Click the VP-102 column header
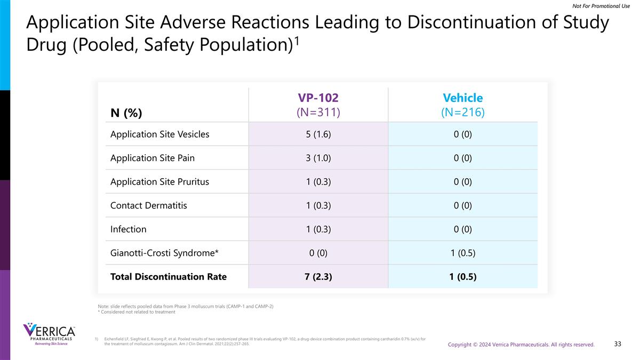(318, 105)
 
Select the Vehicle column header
(462, 105)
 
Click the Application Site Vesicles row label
(159, 134)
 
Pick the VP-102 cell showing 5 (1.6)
(318, 134)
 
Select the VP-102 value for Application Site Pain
(318, 158)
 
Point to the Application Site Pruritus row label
(159, 182)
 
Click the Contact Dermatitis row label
(148, 206)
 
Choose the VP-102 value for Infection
(318, 229)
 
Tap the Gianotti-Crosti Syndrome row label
(164, 253)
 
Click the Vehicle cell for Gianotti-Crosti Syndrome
(462, 253)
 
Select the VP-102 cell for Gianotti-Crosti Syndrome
(318, 253)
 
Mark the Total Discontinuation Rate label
(168, 277)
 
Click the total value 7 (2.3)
(318, 277)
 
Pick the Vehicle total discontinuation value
(462, 277)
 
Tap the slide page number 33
(618, 344)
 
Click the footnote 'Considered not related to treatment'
(138, 312)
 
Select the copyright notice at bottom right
(521, 345)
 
